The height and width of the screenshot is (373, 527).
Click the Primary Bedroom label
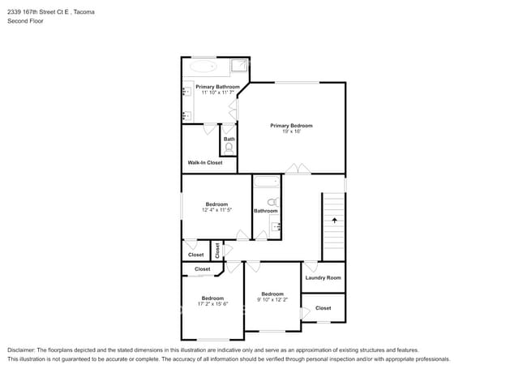coord(291,126)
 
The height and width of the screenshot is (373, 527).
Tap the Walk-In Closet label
coord(205,163)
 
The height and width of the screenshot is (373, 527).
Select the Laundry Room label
coord(323,278)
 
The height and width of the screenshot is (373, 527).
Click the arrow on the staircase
coord(334,221)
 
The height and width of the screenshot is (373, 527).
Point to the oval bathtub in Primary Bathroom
coord(203,66)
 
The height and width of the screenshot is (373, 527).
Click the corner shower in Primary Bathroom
coord(239,66)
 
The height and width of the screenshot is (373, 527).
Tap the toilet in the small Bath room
coord(229,149)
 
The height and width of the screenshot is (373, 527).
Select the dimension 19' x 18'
coord(291,131)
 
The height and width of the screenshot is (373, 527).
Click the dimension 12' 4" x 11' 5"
coord(216,210)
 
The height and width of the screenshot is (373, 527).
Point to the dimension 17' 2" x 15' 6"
coord(212,304)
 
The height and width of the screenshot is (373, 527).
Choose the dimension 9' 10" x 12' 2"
coord(272,299)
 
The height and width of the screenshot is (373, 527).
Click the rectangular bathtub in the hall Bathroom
coord(267,182)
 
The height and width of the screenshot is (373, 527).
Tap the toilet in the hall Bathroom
coord(273,202)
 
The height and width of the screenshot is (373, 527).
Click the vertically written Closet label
coord(217,251)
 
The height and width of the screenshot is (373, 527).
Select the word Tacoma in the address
coord(84,12)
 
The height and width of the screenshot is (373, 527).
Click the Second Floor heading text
coord(26,21)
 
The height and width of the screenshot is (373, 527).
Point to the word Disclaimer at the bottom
coord(21,350)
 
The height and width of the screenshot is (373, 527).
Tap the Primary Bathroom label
coord(218,87)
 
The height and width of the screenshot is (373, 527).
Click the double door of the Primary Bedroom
coord(298,169)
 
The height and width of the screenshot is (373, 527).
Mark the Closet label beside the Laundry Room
coord(323,308)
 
